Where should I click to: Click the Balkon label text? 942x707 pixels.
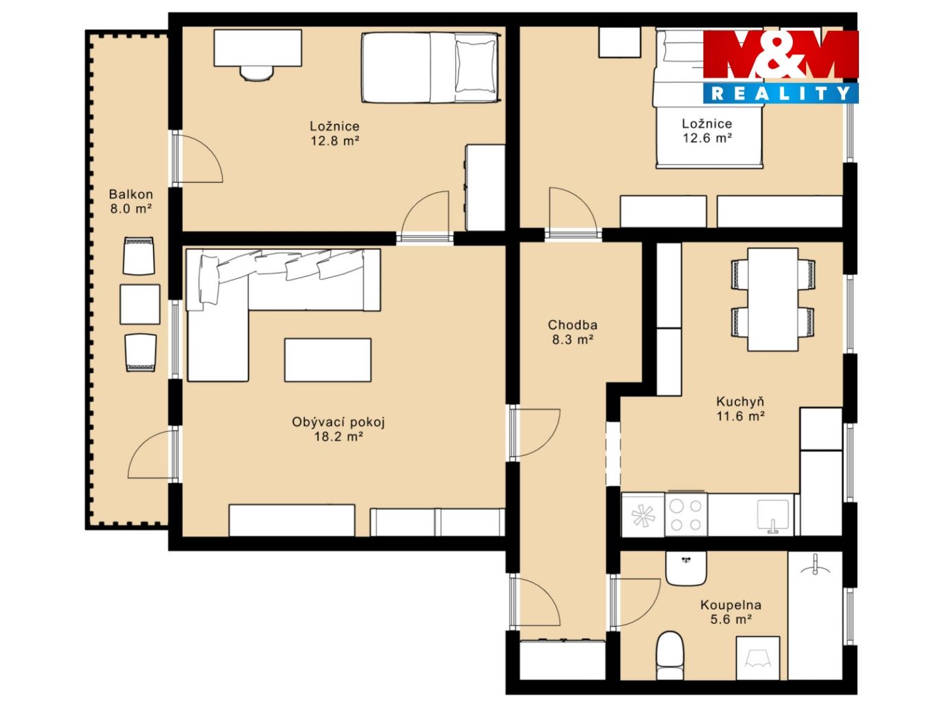(x=131, y=194)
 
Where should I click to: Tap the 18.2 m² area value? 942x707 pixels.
(x=339, y=437)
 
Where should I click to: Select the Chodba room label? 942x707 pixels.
(x=573, y=325)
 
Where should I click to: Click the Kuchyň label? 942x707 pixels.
(x=740, y=401)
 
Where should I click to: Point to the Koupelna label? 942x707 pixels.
(x=731, y=605)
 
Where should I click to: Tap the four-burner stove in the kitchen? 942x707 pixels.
(x=686, y=515)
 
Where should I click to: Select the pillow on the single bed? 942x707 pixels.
(x=475, y=67)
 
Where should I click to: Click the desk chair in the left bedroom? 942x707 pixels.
(x=257, y=73)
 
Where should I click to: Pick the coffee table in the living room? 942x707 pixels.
(x=328, y=360)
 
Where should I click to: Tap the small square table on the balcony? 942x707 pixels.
(x=140, y=304)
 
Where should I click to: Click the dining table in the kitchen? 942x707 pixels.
(x=773, y=299)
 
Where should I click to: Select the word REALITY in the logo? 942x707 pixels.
(x=781, y=93)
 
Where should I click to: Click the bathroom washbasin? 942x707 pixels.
(x=686, y=568)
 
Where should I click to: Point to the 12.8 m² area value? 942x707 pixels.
(x=335, y=140)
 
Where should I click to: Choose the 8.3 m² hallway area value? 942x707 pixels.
(x=573, y=339)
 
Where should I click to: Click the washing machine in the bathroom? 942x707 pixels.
(x=758, y=658)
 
